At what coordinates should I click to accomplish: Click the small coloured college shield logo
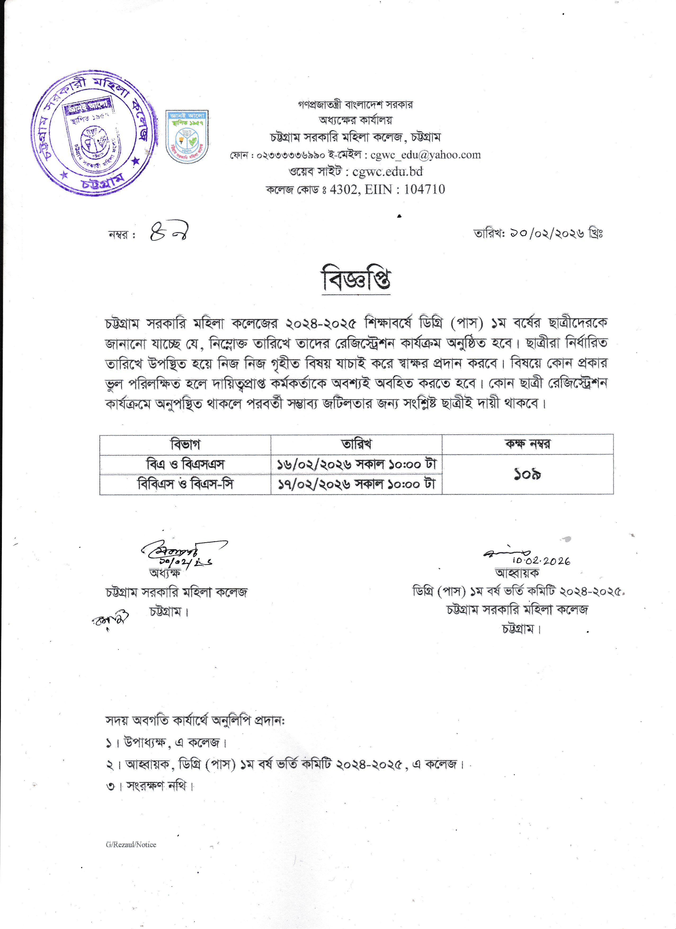pyautogui.click(x=187, y=136)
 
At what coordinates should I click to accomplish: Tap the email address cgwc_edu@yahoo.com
pyautogui.click(x=425, y=155)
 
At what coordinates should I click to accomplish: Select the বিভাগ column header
pyautogui.click(x=185, y=444)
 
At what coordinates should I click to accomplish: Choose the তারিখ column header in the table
pyautogui.click(x=356, y=444)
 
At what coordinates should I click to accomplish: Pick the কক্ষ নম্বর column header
pyautogui.click(x=527, y=444)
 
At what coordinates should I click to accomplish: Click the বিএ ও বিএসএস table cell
pyautogui.click(x=185, y=465)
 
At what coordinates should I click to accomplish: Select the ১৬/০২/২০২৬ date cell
pyautogui.click(x=356, y=465)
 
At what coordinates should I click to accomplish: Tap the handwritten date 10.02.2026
pyautogui.click(x=541, y=561)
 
